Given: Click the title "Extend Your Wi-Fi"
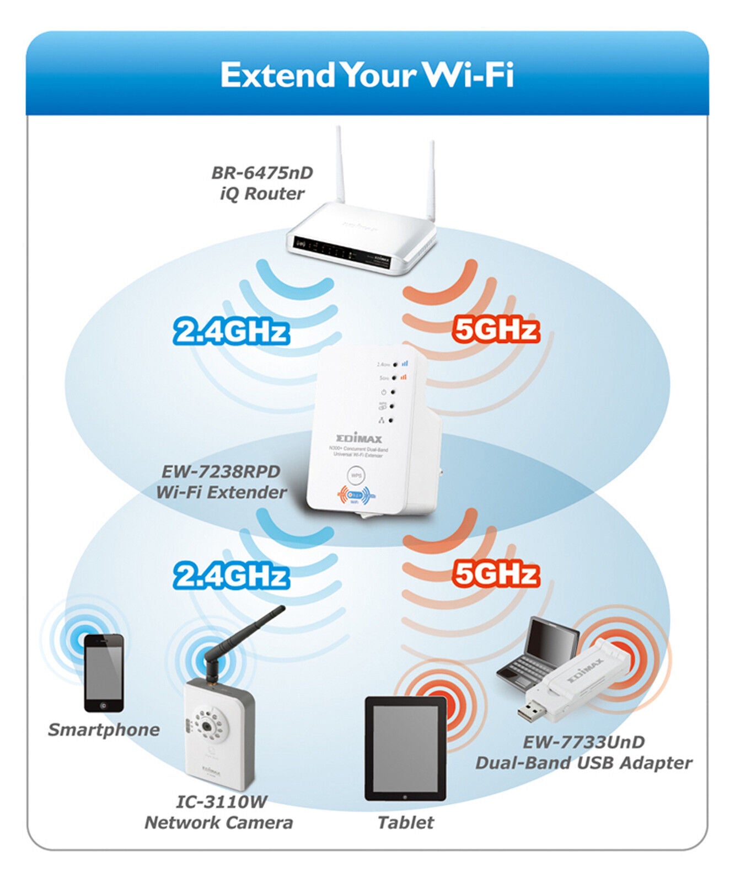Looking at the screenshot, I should coord(367,75).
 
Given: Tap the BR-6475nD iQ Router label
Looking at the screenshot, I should coord(262,183).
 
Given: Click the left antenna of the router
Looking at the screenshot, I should coord(340,166).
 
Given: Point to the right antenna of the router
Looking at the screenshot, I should coord(432,177).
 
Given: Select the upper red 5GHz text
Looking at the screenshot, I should coord(495,330).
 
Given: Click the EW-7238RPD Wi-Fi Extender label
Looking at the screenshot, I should coord(221,482).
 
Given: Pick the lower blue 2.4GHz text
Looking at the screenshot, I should coord(231,576).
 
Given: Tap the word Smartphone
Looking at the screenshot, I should coord(104,730).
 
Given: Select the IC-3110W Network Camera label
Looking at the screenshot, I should coord(219,812).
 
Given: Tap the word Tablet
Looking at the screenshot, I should coord(405,823).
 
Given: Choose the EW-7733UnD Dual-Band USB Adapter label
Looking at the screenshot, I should coord(583,753).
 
